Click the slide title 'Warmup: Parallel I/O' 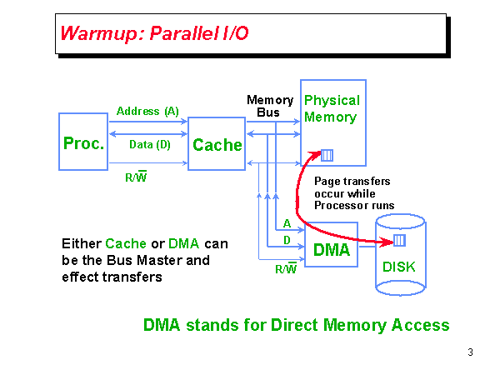(x=153, y=34)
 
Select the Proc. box (x=83, y=143)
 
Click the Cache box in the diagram (x=217, y=145)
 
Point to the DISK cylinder (x=403, y=254)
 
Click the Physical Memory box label (x=331, y=108)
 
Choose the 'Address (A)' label (x=147, y=111)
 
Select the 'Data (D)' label (x=150, y=144)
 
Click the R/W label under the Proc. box (x=136, y=177)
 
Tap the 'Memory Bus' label (x=270, y=106)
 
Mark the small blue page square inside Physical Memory (x=327, y=154)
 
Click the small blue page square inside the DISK (x=399, y=241)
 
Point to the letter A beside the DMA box (x=287, y=223)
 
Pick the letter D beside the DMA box (x=287, y=241)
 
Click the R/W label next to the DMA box (x=286, y=268)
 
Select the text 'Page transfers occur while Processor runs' (x=352, y=192)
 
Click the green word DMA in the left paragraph (x=184, y=244)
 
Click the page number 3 (x=471, y=352)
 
